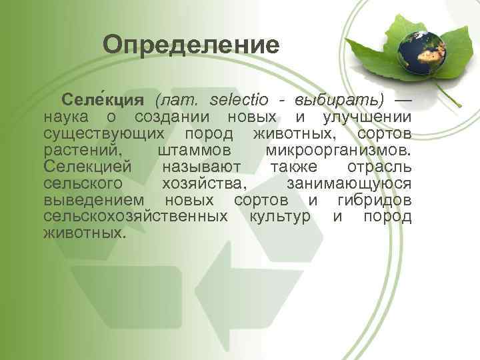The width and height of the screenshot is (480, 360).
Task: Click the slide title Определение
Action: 191,45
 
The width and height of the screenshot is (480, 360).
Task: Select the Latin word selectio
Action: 239,101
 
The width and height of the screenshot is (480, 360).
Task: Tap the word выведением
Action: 93,200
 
